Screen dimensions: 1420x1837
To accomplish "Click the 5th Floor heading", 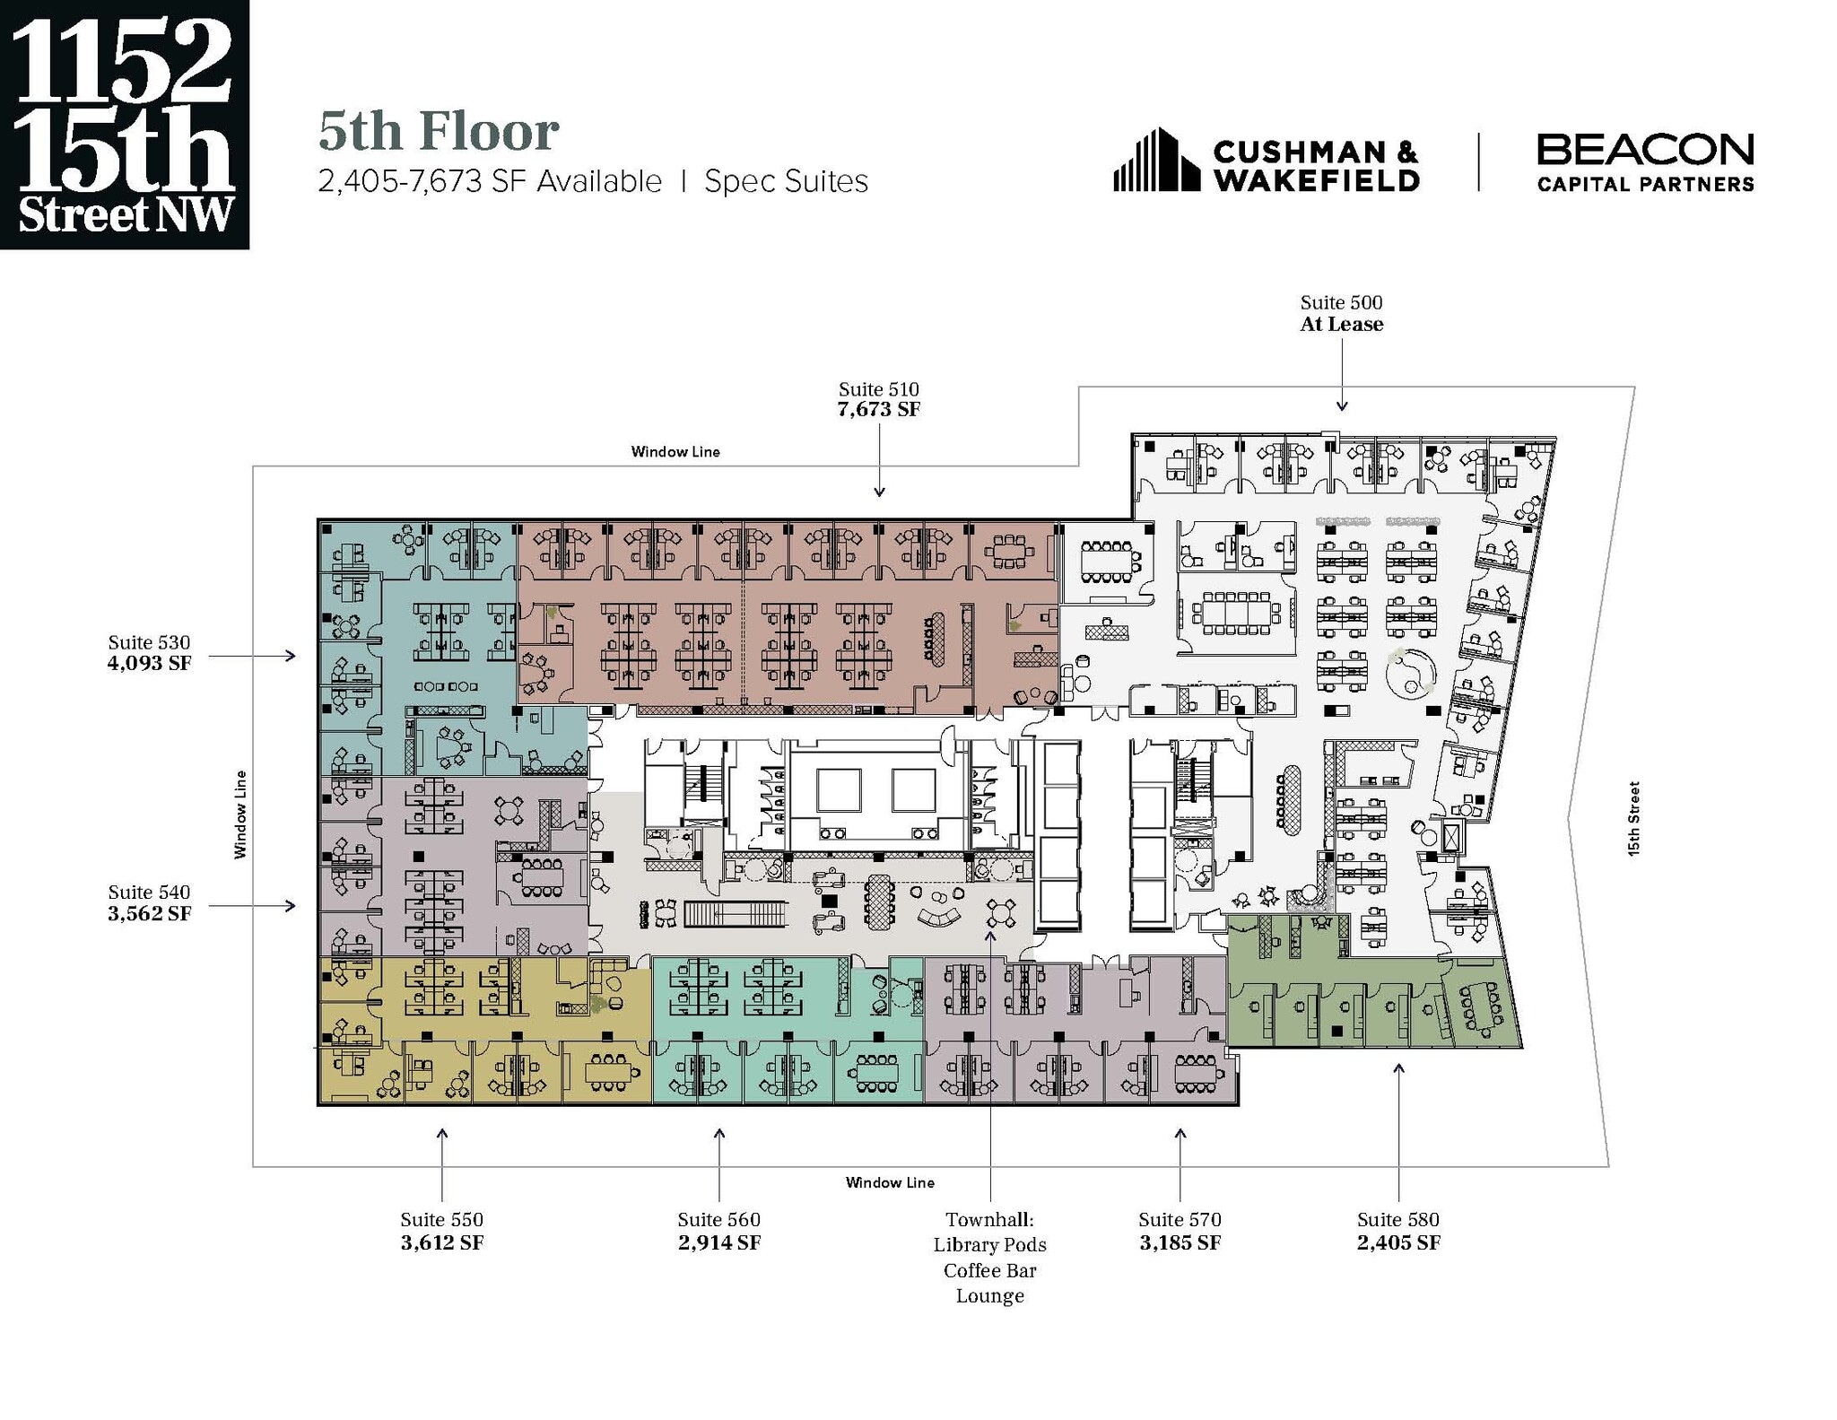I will coord(439,131).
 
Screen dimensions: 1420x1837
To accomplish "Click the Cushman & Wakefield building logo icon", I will coord(1156,161).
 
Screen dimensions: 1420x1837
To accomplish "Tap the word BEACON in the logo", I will coord(1645,150).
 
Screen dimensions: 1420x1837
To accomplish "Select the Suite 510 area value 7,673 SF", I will coord(879,410).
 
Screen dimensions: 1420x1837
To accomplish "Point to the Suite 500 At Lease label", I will coord(1342,324).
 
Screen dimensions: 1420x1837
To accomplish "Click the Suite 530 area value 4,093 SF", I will coord(149,664).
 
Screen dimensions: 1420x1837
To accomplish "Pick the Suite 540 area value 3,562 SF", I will coord(149,913).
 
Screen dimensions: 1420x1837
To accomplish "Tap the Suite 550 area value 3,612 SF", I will coord(441,1242).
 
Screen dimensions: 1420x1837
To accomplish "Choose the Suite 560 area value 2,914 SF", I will coord(718,1242).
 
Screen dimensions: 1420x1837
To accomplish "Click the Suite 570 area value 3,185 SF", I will coord(1180,1242).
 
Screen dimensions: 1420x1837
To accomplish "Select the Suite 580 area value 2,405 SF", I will coord(1397,1242).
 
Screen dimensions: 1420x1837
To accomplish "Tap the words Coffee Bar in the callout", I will coord(989,1270).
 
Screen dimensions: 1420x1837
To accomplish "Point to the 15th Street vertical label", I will coord(1633,818).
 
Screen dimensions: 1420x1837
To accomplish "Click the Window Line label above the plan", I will coord(675,452).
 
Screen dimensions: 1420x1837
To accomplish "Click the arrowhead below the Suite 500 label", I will coord(1342,406).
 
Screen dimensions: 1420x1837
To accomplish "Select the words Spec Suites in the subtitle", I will coord(786,182).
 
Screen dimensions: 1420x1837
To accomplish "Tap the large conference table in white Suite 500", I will coord(1236,613).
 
